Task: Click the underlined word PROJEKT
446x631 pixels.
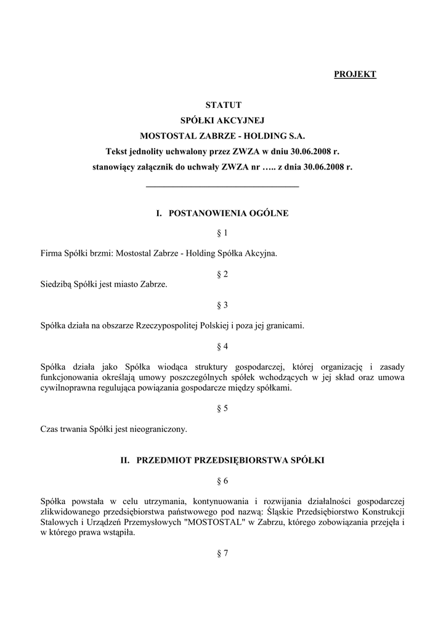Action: pos(355,75)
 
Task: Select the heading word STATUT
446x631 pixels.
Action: pos(223,105)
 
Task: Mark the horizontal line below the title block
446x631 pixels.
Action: pos(222,186)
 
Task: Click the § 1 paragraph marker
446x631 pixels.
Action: pos(222,233)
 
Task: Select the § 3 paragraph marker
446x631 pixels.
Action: pos(222,305)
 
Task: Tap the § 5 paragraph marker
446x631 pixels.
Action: pos(222,409)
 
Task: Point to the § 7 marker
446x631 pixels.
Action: pos(222,553)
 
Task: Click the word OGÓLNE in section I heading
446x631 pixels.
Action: pos(269,213)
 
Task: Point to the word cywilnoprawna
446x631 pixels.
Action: pos(67,388)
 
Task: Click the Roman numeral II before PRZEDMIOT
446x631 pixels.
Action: pos(124,460)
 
